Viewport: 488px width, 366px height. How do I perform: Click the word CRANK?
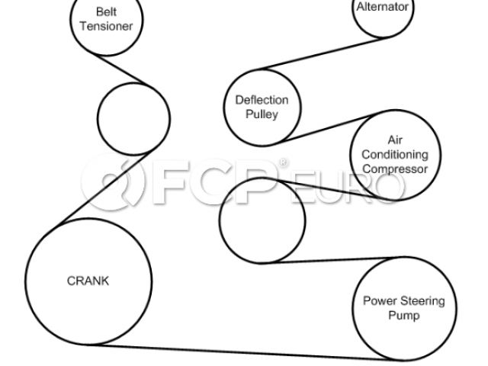88,281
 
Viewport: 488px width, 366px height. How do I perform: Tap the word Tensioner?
107,26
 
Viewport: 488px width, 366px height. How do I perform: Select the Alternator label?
383,7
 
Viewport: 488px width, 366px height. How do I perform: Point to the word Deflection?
262,100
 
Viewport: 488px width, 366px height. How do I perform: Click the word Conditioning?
394,155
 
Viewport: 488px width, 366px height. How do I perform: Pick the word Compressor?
394,169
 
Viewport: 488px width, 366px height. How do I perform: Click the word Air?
395,140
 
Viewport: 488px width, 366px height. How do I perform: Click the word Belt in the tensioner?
107,12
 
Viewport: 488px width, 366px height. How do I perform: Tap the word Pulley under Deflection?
262,114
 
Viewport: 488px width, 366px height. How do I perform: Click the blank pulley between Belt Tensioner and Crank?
133,118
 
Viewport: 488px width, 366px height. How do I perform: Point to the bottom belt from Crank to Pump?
244,352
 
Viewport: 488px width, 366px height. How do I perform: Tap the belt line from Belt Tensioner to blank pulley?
130,70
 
